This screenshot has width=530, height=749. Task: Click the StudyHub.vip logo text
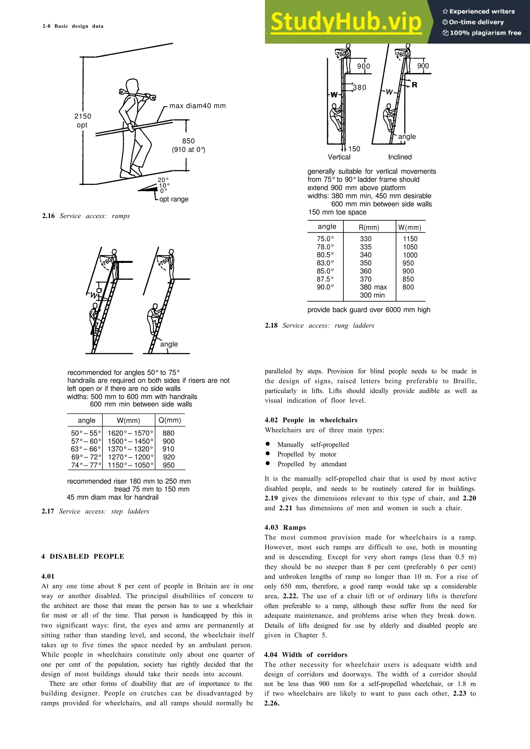[x=346, y=22]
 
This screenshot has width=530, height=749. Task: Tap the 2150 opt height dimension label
[x=83, y=120]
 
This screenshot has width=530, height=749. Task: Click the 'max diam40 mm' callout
[x=197, y=106]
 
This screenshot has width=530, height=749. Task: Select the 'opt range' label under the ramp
[x=174, y=199]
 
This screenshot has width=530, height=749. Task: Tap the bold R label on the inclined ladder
[x=414, y=85]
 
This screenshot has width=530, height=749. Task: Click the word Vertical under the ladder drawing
[x=339, y=157]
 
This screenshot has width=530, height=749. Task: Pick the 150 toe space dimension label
[x=354, y=149]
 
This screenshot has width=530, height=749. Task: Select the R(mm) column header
[x=369, y=227]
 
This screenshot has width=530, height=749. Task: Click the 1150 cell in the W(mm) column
[x=410, y=239]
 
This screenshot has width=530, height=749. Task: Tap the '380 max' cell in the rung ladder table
[x=373, y=287]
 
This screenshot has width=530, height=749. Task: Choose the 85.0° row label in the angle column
[x=325, y=271]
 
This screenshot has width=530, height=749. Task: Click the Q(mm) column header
[x=170, y=420]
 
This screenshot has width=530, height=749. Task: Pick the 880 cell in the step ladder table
[x=168, y=433]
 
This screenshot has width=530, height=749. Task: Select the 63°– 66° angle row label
[x=86, y=449]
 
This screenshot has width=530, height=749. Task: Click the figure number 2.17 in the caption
[x=48, y=511]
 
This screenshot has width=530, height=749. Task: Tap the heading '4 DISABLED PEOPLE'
[x=83, y=556]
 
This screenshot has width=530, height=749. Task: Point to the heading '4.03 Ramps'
[x=285, y=528]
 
